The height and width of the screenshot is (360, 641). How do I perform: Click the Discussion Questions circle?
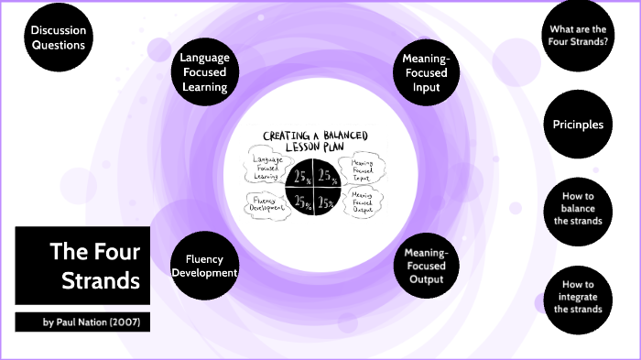tap(58, 38)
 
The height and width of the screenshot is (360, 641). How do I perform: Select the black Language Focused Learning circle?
tap(205, 72)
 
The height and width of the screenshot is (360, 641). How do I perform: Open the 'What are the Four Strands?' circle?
tap(577, 38)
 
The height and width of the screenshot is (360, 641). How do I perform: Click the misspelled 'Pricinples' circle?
tap(577, 125)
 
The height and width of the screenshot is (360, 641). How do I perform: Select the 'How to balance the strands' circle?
tap(577, 209)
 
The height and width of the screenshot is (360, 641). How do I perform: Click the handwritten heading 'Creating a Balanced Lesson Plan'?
tap(315, 140)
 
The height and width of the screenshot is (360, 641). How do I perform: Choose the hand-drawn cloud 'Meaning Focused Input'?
tap(361, 169)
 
